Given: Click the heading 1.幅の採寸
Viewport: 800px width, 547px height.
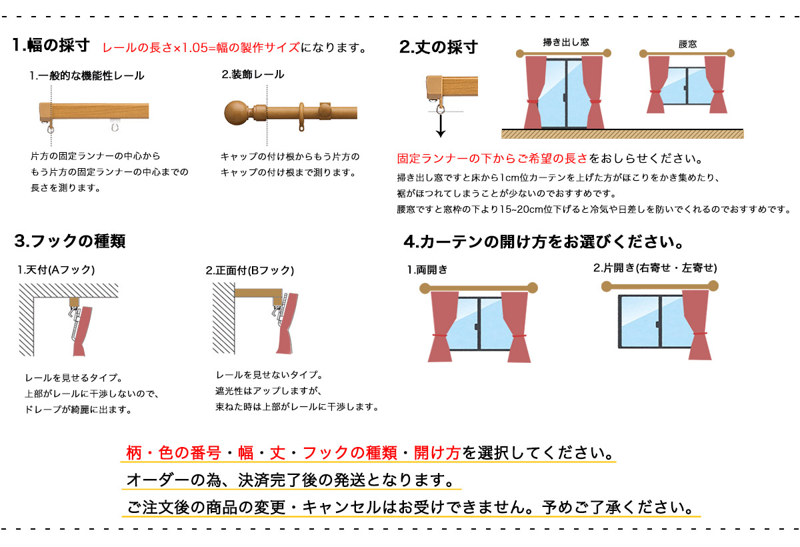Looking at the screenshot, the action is [51, 45].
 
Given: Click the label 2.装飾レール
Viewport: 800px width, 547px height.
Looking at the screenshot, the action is [253, 74].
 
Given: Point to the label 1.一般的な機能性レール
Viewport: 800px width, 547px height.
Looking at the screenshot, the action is [87, 76].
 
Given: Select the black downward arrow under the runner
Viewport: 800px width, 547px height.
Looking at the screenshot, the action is [441, 126].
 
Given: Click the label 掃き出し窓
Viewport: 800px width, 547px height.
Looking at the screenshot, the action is [566, 42].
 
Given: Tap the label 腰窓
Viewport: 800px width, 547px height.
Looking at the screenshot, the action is [688, 44].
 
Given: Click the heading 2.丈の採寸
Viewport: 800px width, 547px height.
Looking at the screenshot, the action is [439, 47].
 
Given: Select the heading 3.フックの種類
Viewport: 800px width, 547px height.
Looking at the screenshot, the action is [70, 241].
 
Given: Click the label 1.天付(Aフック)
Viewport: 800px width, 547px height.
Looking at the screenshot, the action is [56, 269].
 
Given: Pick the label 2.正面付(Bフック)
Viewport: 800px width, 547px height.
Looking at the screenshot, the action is [250, 270].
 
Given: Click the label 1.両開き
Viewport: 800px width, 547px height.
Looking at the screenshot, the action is [427, 269].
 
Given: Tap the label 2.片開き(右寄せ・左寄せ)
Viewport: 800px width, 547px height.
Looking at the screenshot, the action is [655, 268].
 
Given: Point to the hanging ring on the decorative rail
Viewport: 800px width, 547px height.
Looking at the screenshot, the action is [302, 117].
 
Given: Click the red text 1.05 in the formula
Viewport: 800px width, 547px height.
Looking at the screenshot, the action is [195, 48].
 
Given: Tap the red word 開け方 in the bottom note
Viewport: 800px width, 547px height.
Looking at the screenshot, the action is [437, 453].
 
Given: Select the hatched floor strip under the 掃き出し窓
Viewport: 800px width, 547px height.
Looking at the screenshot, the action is [623, 134].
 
